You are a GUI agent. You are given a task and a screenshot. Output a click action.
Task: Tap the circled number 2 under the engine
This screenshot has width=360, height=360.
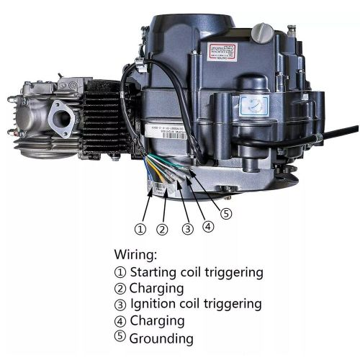pyautogui.click(x=163, y=230)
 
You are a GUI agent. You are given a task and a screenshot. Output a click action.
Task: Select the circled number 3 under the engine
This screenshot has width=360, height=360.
pyautogui.click(x=188, y=230)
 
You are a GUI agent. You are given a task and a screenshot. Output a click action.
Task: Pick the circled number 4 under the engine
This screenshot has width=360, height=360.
pyautogui.click(x=208, y=226)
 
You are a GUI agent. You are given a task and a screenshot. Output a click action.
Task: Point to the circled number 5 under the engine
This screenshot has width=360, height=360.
pyautogui.click(x=227, y=213)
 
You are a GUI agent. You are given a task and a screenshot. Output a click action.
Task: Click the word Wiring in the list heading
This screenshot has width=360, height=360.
pyautogui.click(x=136, y=255)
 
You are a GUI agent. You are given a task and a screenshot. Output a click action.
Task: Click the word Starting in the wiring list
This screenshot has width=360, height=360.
pyautogui.click(x=155, y=272)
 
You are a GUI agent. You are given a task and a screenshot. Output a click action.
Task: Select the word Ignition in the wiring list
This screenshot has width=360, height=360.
pyautogui.click(x=152, y=304)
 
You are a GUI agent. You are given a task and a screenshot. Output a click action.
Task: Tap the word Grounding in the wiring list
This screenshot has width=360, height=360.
pyautogui.click(x=161, y=337)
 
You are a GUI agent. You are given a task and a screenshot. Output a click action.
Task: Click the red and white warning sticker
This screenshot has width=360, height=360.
pyautogui.click(x=222, y=51)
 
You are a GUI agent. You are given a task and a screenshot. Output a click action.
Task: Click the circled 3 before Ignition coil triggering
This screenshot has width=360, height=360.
pyautogui.click(x=120, y=305)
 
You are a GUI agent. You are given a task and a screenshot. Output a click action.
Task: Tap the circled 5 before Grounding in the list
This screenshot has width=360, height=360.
pyautogui.click(x=120, y=337)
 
